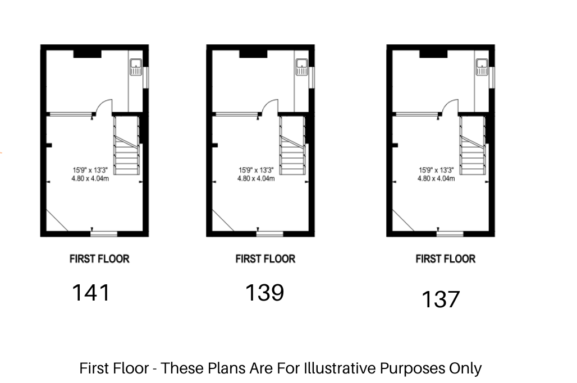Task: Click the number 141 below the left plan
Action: (91, 293)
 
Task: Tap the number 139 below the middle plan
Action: (264, 293)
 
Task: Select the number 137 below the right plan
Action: (441, 299)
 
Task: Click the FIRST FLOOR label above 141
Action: (99, 259)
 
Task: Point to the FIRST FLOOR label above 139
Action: (265, 259)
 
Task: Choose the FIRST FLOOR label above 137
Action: (445, 259)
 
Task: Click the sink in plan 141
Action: (136, 67)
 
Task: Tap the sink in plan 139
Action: (302, 67)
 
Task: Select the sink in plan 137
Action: (482, 67)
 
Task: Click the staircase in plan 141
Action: (127, 146)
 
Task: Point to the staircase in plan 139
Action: (292, 146)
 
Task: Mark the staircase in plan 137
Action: (473, 146)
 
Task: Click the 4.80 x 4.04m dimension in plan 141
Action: (90, 179)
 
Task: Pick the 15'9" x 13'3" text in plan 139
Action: (256, 170)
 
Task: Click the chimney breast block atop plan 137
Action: (433, 54)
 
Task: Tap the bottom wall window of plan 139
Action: (270, 234)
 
